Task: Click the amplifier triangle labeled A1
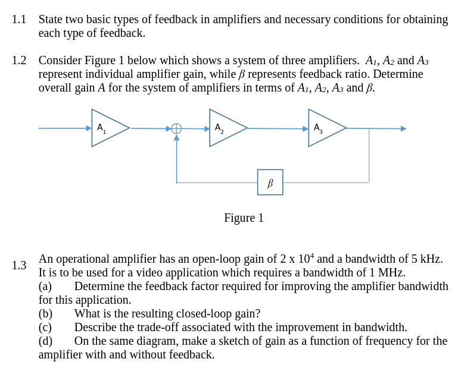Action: [108, 128]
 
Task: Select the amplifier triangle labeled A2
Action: [226, 128]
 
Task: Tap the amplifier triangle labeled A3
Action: [325, 128]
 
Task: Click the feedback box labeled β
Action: [270, 182]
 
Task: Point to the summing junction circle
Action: [176, 128]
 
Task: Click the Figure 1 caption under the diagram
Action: [244, 218]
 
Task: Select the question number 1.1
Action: [19, 20]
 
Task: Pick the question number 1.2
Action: [19, 61]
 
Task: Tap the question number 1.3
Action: [19, 266]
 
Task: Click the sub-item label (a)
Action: [45, 287]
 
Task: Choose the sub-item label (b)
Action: [45, 314]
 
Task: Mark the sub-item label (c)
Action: [45, 328]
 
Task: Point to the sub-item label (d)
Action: [45, 341]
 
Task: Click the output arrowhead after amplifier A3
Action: [403, 128]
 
